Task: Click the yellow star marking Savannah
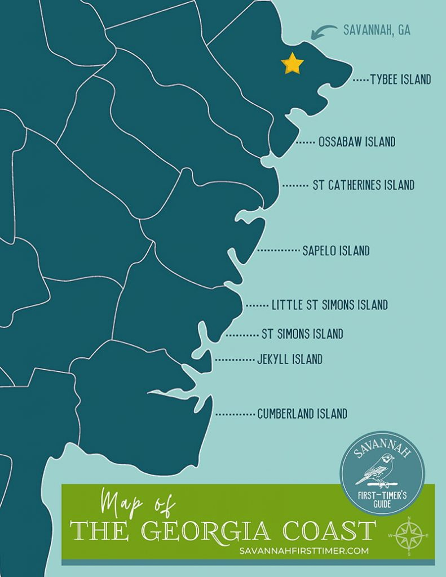click(x=292, y=64)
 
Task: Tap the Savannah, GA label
click(x=377, y=30)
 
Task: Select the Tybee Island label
click(x=400, y=79)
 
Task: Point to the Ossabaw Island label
click(x=356, y=142)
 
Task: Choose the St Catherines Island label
click(x=363, y=185)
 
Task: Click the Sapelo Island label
click(x=335, y=251)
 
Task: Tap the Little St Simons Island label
click(x=329, y=305)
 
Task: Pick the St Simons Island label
click(x=302, y=334)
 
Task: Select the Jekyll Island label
click(x=289, y=359)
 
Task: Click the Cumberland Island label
click(x=302, y=414)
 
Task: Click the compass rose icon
click(x=408, y=534)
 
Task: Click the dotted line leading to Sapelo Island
click(x=278, y=250)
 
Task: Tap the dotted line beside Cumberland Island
click(x=235, y=414)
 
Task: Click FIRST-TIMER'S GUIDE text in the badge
click(x=383, y=496)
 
